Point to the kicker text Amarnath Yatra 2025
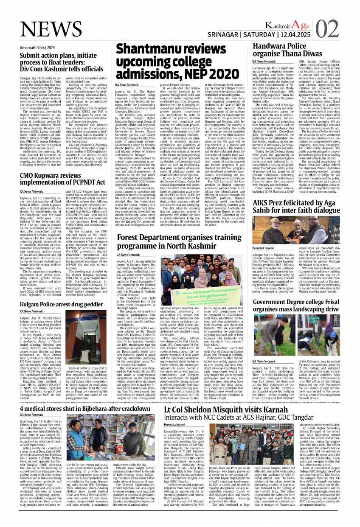click(37, 48)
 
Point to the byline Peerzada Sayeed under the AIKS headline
click(264, 247)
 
